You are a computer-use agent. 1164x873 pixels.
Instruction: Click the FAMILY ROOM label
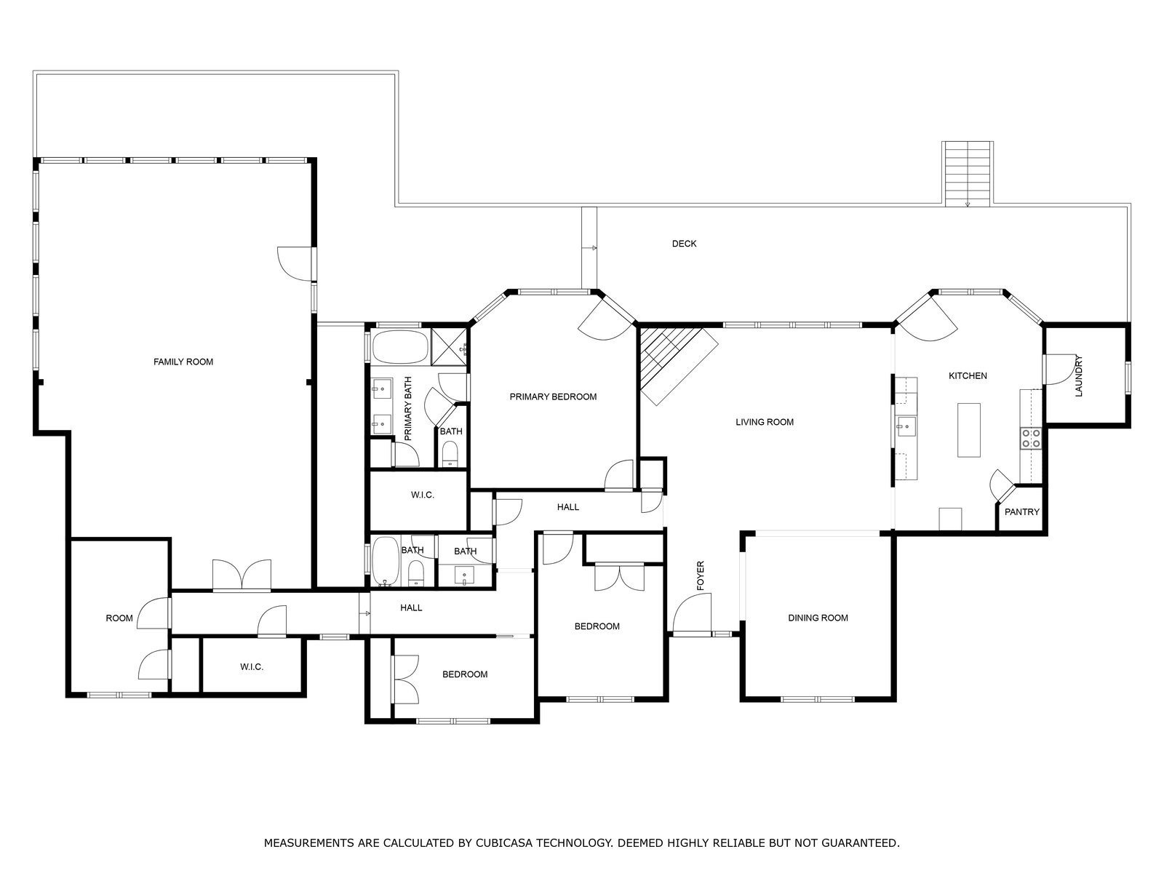click(183, 362)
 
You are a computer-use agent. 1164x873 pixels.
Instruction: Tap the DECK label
click(684, 244)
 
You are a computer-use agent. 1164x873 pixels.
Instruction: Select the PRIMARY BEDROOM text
click(553, 397)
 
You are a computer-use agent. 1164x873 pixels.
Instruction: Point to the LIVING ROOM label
click(764, 423)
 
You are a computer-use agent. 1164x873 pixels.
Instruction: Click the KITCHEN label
click(968, 376)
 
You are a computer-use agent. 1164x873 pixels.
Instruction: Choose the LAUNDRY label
click(1079, 376)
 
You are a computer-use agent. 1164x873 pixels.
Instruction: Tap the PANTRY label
click(1022, 512)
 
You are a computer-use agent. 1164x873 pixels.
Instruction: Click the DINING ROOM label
click(818, 618)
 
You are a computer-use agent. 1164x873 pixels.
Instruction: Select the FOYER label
click(701, 575)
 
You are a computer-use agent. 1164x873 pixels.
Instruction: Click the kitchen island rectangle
click(968, 430)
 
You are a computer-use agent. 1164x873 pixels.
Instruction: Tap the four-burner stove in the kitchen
click(1031, 439)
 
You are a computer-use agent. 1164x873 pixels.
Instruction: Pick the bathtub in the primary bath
click(400, 347)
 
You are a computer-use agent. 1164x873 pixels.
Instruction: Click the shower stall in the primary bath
click(449, 347)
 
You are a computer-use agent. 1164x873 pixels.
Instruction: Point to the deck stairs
click(968, 174)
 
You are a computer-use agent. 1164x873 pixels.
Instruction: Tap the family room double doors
click(242, 575)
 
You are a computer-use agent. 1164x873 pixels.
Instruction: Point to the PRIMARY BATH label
click(408, 409)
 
